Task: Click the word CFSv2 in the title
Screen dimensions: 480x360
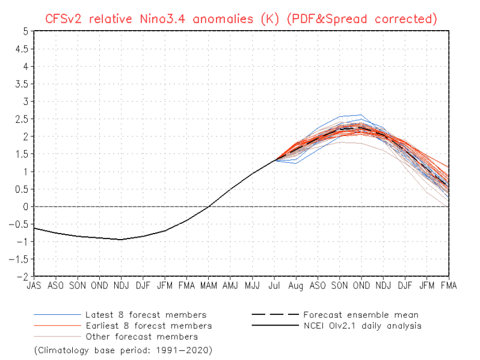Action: point(63,19)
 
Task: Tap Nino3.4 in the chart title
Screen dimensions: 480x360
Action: point(162,19)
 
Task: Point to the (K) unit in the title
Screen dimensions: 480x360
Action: point(270,19)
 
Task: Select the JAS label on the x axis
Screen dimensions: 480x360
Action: point(34,285)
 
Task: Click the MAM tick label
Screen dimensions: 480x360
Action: point(209,285)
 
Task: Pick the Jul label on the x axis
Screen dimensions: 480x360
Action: point(274,285)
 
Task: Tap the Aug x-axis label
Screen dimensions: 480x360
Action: point(296,286)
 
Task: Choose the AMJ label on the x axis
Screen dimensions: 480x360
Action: point(230,285)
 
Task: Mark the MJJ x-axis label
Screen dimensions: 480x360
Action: point(252,285)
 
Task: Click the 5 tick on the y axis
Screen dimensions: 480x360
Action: point(25,31)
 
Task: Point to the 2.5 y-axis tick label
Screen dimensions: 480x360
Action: point(22,119)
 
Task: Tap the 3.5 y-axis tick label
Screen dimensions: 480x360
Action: point(22,84)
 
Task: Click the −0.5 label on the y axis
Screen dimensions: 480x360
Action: point(19,225)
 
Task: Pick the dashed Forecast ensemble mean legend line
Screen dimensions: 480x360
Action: point(275,314)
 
